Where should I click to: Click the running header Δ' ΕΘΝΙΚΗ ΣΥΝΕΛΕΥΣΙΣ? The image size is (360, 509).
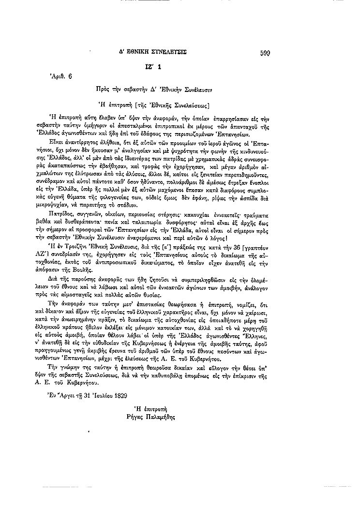pyautogui.click(x=155, y=52)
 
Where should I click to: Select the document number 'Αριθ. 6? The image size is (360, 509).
pyautogui.click(x=60, y=76)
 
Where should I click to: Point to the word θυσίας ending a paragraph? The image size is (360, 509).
pyautogui.click(x=186, y=295)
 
